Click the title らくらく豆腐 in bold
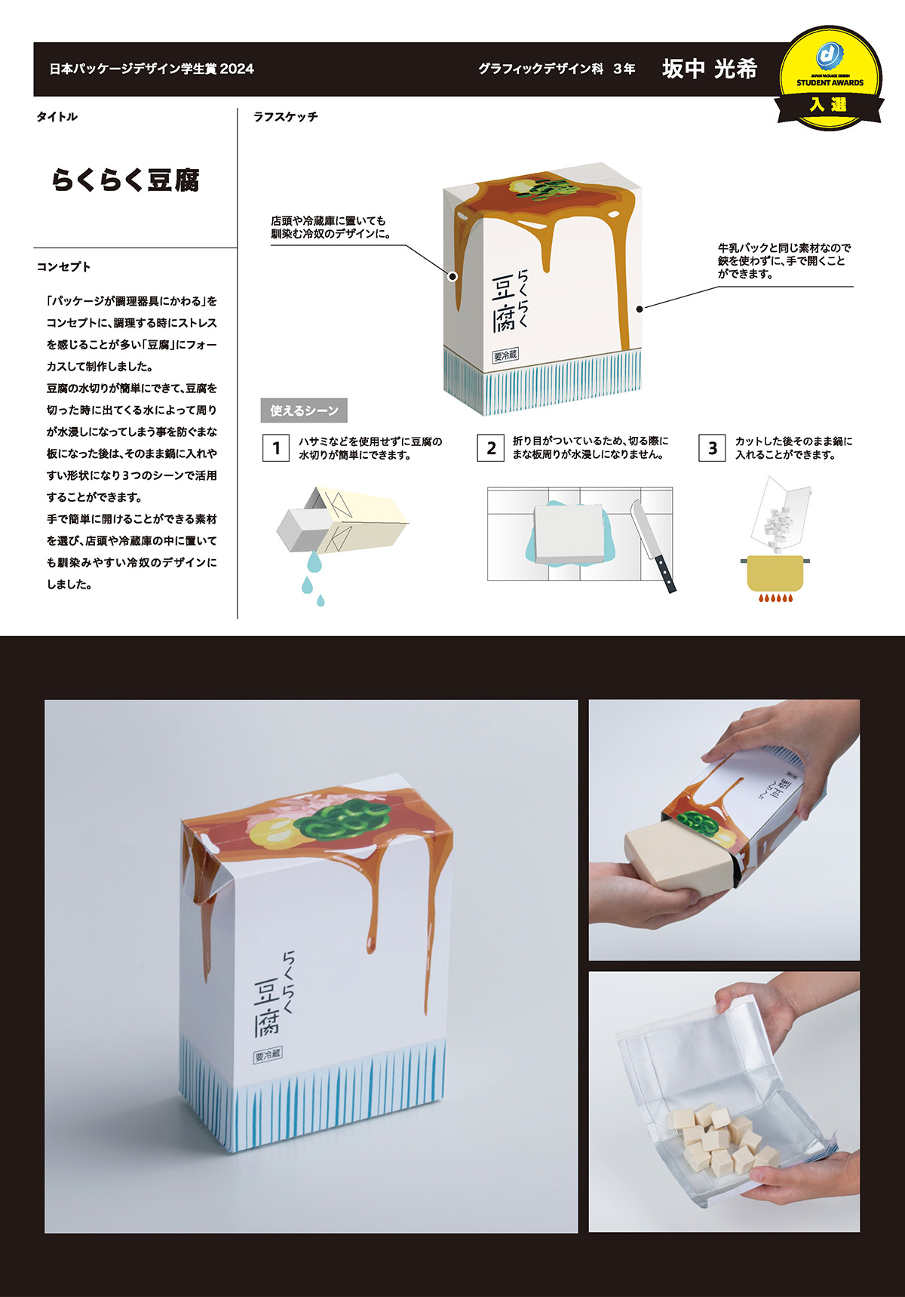click(x=125, y=180)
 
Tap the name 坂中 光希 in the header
click(x=709, y=69)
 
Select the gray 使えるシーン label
click(x=303, y=410)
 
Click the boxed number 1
click(x=276, y=448)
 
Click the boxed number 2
click(x=491, y=448)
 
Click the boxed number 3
click(x=712, y=448)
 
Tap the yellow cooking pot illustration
click(x=775, y=573)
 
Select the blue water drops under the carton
click(x=311, y=577)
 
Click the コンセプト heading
click(x=63, y=267)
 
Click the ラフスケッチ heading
click(x=285, y=117)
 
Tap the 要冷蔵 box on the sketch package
click(x=505, y=355)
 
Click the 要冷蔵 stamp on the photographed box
click(x=268, y=1055)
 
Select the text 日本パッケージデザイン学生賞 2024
click(x=152, y=69)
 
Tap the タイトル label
click(x=57, y=117)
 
